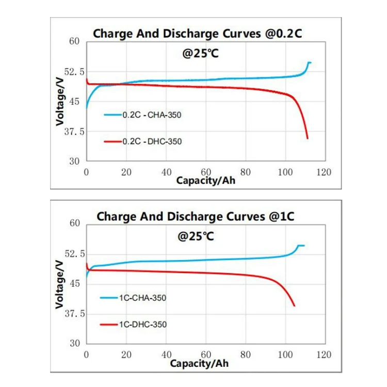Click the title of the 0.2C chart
coord(197,34)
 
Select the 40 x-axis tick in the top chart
coord(166,172)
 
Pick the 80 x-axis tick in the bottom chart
coord(246,355)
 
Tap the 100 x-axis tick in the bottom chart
coord(285,355)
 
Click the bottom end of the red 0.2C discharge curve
coord(308,138)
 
